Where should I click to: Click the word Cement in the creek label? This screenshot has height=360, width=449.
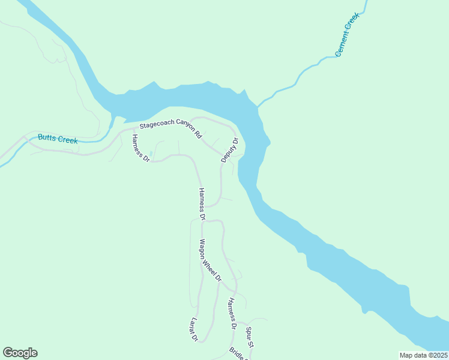coord(343,46)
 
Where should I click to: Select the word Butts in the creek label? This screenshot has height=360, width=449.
coord(47,137)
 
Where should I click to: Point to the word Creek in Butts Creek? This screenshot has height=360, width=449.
coord(68,140)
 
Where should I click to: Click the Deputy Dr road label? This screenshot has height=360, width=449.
coord(229,150)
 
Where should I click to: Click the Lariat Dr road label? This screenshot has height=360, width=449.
coord(194,329)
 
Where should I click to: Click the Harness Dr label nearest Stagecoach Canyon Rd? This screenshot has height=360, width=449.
coord(140,148)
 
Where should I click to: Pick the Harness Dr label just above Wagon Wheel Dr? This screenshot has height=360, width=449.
coord(202,203)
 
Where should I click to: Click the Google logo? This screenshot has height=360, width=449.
coord(20,353)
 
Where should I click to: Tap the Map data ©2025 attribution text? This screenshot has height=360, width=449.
coord(423,355)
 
